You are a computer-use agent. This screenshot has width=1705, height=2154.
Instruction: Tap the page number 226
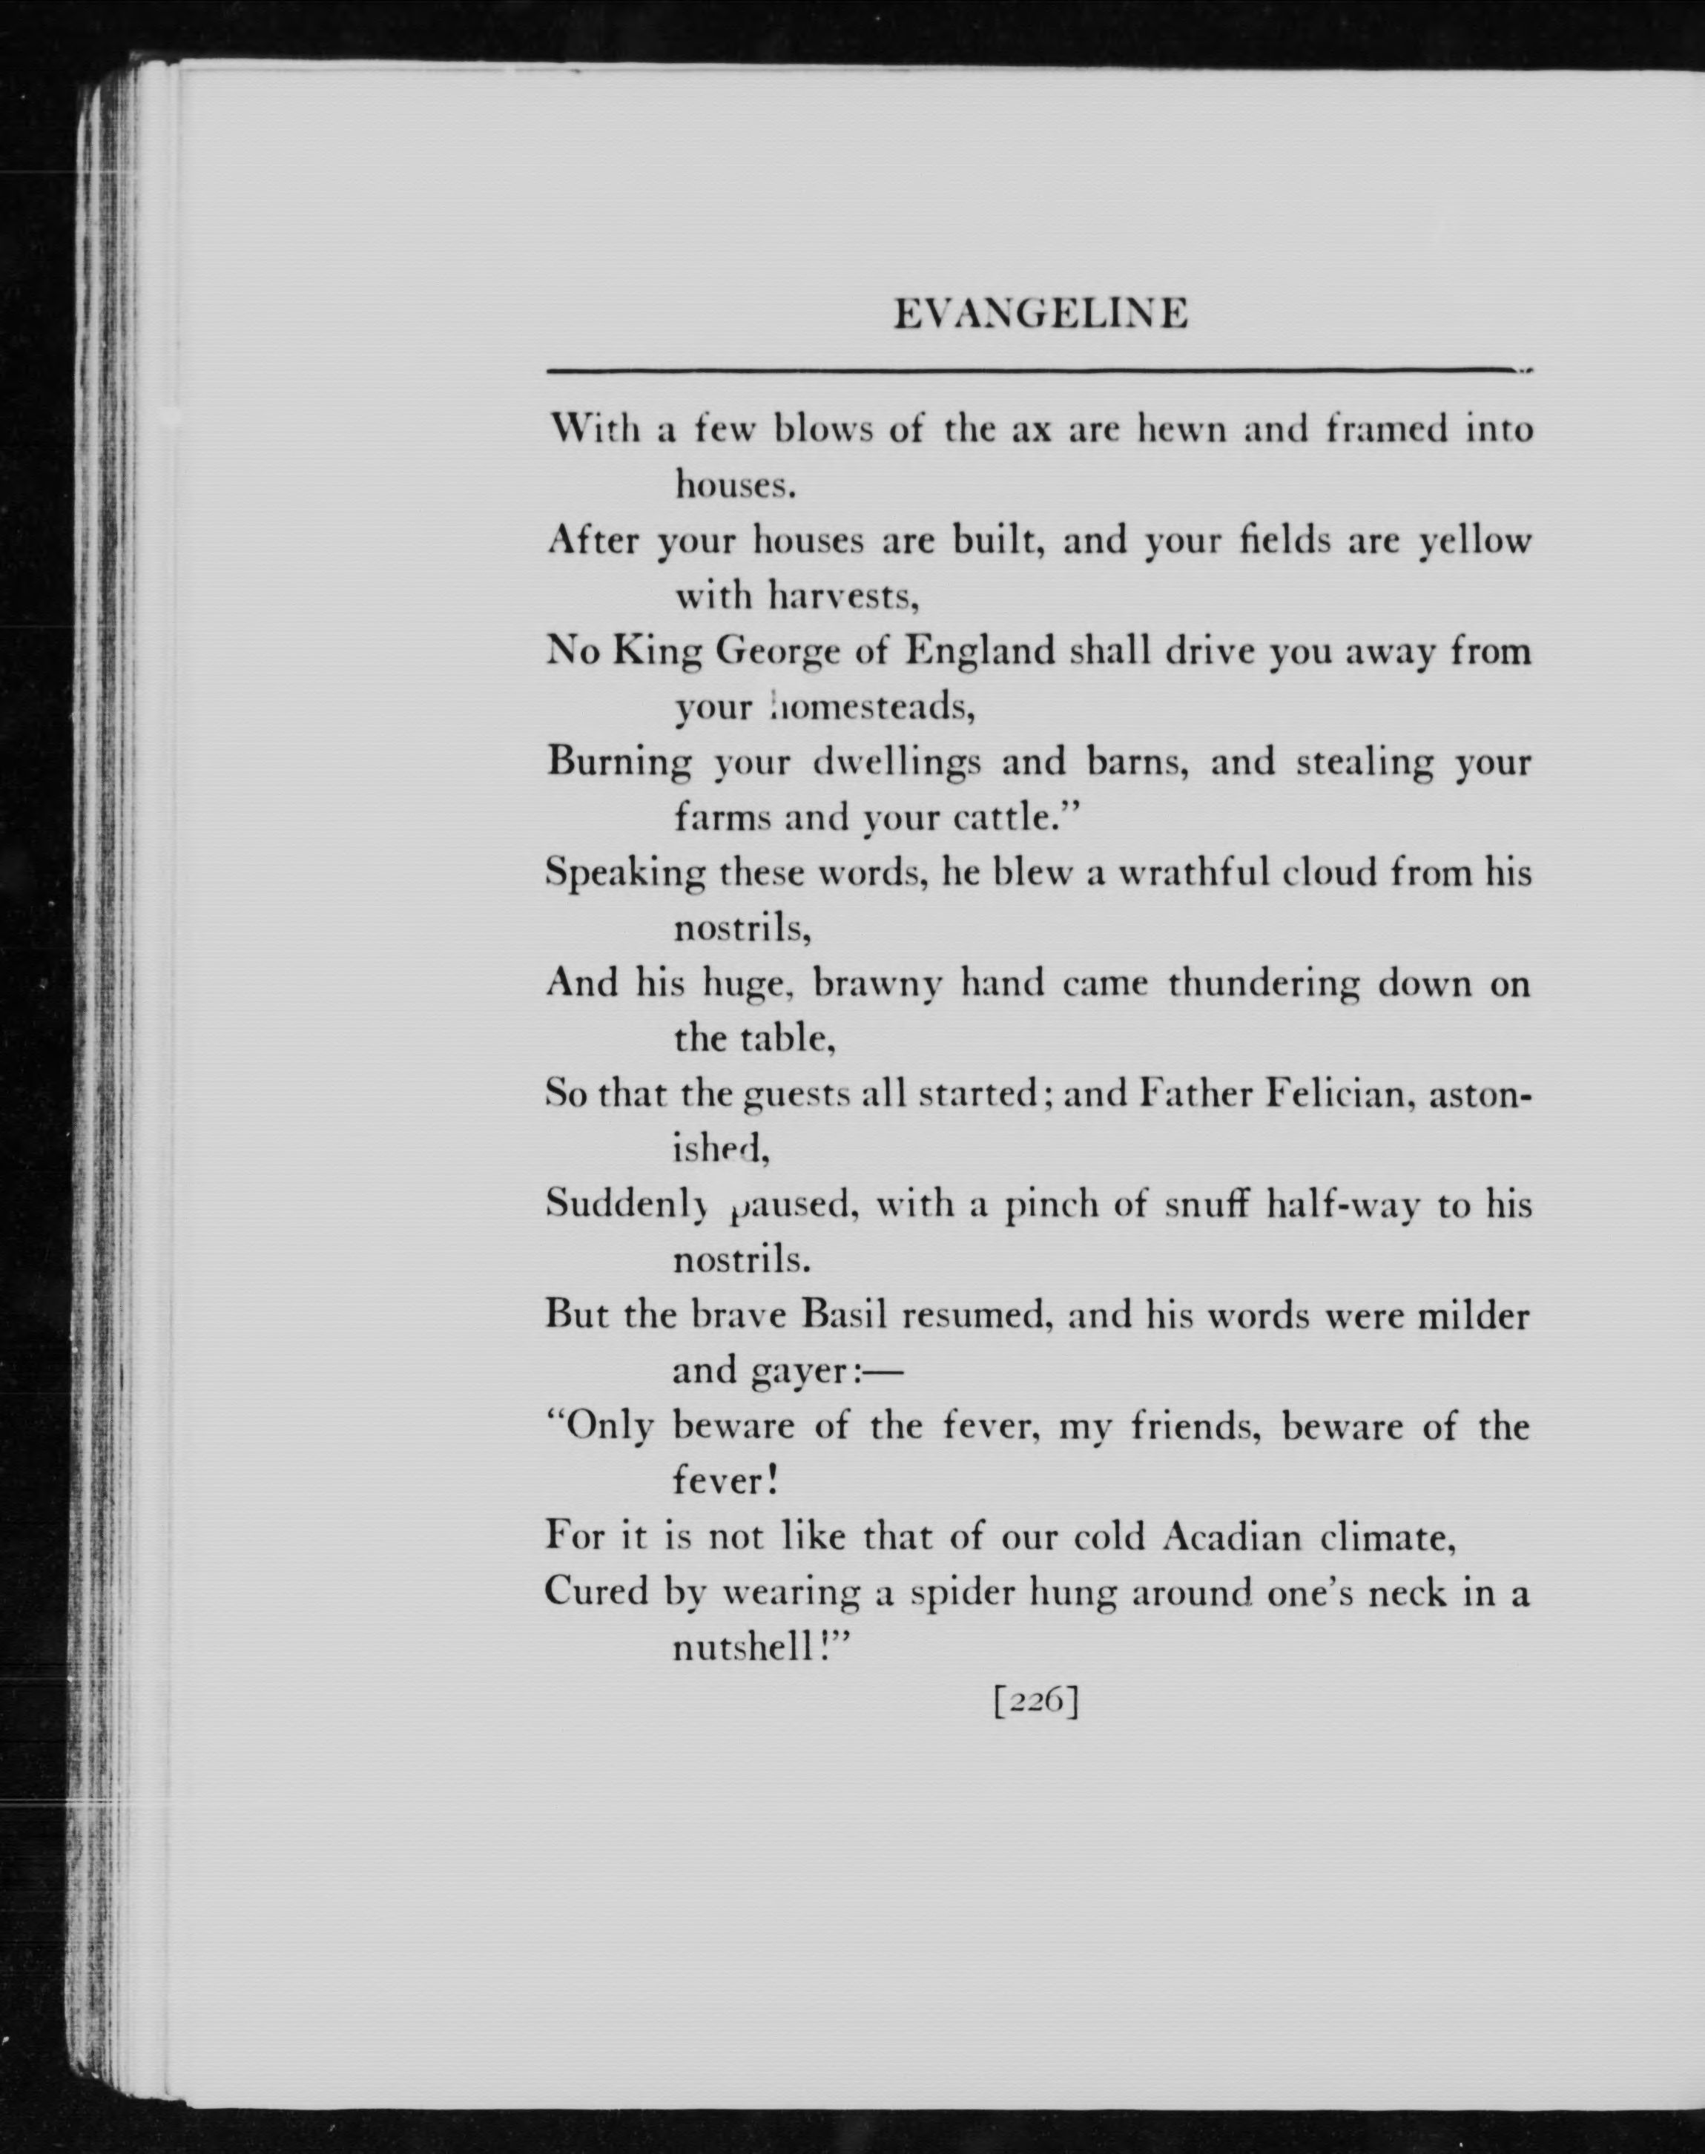1036,1701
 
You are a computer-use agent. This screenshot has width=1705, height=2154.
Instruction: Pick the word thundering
1263,984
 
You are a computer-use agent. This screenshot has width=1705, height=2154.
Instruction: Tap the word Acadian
1232,1537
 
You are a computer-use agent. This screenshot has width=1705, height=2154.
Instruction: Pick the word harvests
842,597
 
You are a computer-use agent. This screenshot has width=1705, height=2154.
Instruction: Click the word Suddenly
626,1206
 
